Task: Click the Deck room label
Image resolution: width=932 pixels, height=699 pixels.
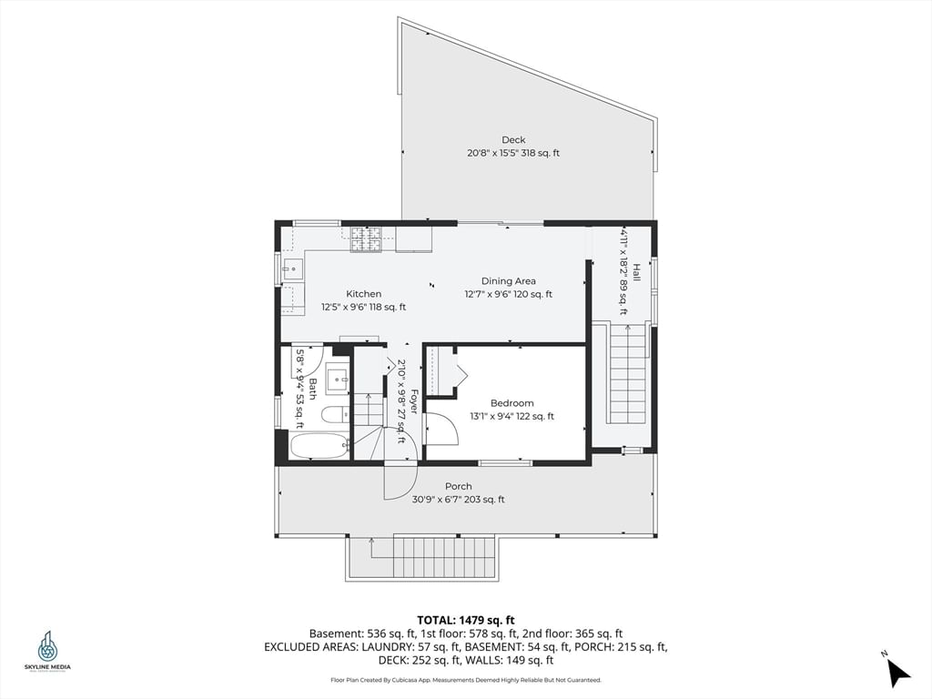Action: [x=513, y=139]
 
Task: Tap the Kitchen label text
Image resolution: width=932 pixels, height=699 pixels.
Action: [x=363, y=294]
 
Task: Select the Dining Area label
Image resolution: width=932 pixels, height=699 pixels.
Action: [x=509, y=281]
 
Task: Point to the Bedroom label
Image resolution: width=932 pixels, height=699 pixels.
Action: [x=512, y=403]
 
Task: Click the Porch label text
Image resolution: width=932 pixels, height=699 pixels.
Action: [x=458, y=486]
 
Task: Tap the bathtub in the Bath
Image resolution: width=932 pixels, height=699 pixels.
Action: [x=319, y=446]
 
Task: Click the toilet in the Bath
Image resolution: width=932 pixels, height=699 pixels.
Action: [x=332, y=415]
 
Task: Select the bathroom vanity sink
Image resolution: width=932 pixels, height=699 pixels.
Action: [x=336, y=378]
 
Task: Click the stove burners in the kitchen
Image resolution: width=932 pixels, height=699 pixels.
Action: [x=366, y=238]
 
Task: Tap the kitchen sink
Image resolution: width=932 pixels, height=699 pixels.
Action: [x=293, y=268]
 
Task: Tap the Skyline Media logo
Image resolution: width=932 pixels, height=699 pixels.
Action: [x=47, y=650]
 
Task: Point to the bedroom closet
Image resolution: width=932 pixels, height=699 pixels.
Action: [x=443, y=370]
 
